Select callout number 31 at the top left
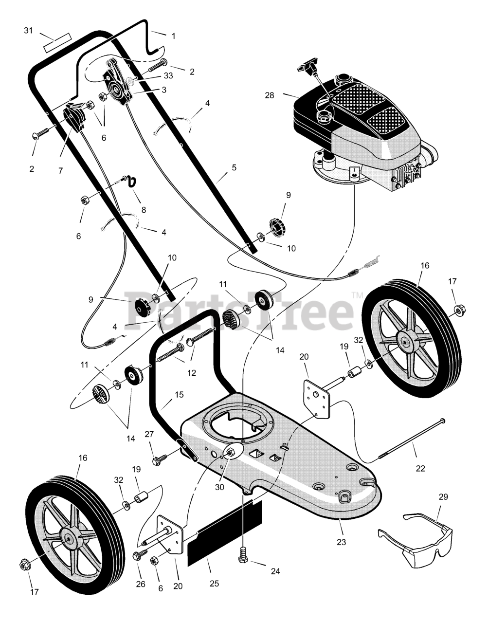pyautogui.click(x=29, y=31)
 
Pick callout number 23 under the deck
pyautogui.click(x=341, y=541)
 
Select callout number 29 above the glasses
pyautogui.click(x=443, y=497)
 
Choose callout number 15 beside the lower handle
pyautogui.click(x=180, y=395)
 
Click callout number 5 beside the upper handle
pyautogui.click(x=234, y=167)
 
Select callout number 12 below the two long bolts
pyautogui.click(x=191, y=373)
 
